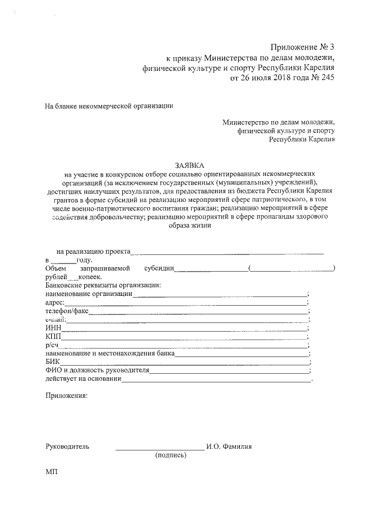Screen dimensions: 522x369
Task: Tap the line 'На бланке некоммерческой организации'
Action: [x=109, y=106]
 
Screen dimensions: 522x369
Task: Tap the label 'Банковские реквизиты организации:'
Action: [x=102, y=286]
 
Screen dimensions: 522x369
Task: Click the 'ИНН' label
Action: [x=53, y=328]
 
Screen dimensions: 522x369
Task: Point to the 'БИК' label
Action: [x=52, y=362]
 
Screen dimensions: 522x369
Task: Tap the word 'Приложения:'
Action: [x=66, y=396]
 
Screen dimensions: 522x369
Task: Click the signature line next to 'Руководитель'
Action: [x=159, y=446]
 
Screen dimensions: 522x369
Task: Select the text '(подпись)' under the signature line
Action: [x=171, y=455]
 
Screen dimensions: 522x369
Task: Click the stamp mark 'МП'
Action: [x=51, y=472]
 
